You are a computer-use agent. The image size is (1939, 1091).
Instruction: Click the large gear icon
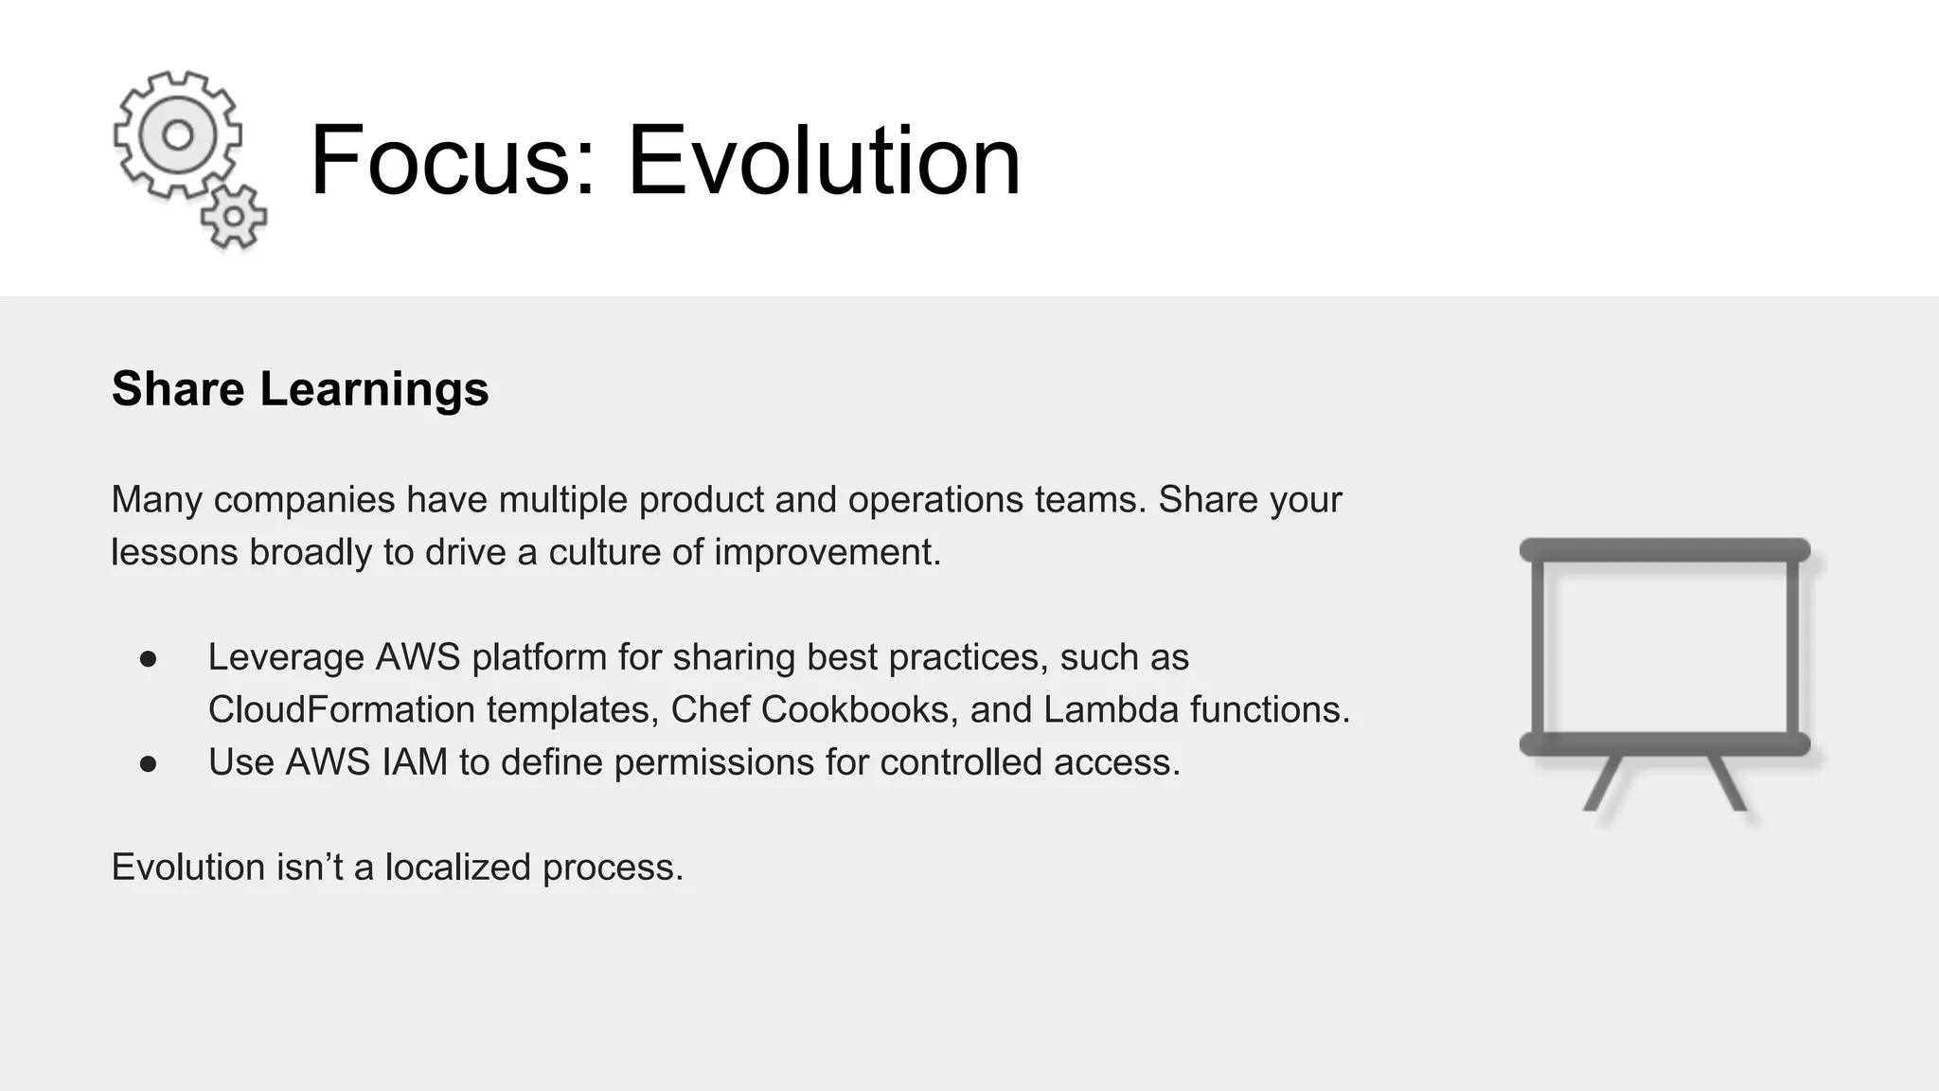177,134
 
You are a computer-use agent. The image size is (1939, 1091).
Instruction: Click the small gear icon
234,218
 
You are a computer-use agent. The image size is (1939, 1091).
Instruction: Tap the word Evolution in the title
824,160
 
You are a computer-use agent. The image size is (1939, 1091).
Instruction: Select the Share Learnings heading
300,389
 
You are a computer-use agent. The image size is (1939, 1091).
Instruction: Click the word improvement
827,552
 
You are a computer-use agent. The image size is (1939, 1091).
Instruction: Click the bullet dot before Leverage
148,658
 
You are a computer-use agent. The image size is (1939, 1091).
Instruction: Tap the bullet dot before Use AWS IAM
148,763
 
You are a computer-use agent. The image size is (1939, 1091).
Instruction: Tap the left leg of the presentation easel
1603,782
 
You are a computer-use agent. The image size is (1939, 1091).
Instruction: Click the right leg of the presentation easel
1728,782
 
